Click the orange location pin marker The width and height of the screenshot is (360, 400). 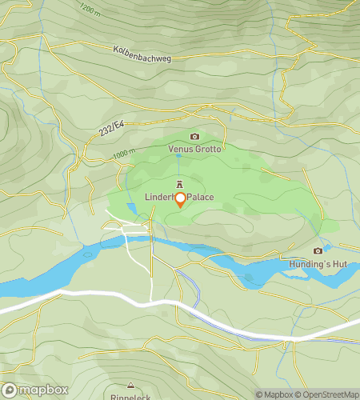(180, 200)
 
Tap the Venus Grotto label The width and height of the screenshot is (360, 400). (194, 149)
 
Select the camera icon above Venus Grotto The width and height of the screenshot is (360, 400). (194, 137)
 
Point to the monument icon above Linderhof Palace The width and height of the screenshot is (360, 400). (179, 184)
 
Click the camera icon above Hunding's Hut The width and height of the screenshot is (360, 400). (318, 250)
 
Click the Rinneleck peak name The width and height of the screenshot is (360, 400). (130, 395)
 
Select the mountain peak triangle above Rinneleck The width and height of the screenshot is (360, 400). (130, 385)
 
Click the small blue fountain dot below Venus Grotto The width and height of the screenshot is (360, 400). (178, 158)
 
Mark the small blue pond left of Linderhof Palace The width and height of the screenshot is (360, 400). (131, 210)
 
